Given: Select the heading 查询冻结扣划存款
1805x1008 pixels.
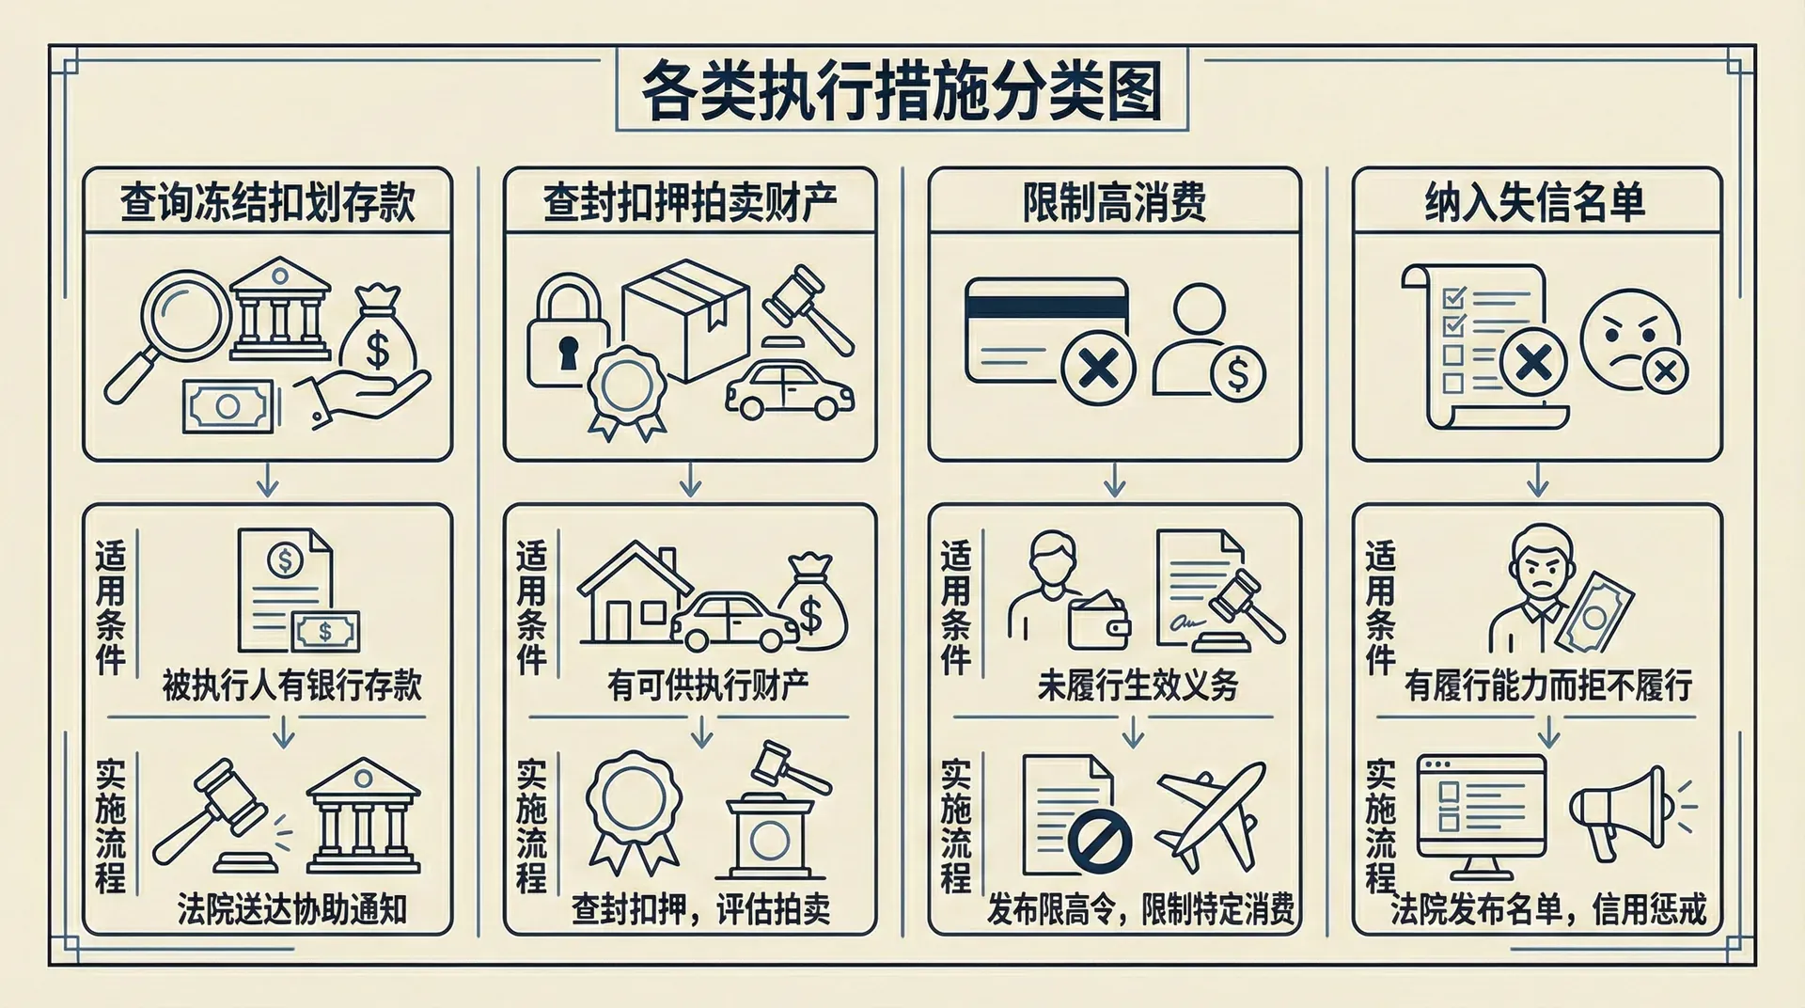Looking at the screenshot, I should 267,202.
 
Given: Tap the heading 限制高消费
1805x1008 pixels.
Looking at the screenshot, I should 1114,202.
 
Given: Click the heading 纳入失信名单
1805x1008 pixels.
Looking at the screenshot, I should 1536,202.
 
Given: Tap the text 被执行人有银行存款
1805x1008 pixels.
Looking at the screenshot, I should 291,685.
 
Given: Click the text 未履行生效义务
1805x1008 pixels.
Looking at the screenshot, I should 1138,685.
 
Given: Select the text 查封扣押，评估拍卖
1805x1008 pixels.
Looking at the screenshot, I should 700,909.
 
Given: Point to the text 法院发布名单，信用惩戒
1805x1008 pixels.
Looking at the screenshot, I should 1547,909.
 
